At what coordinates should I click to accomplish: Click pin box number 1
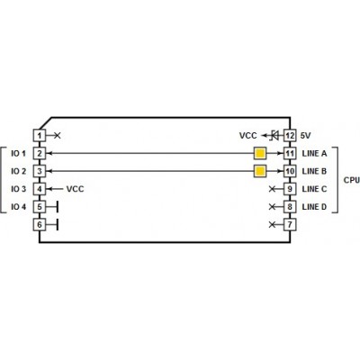point(40,136)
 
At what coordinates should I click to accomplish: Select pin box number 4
point(40,189)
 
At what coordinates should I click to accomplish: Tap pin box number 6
point(40,224)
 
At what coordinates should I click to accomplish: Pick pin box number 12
point(290,136)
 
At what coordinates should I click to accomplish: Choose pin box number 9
point(290,189)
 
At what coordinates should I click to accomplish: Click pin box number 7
point(290,224)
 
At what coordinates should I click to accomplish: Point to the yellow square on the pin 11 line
point(260,154)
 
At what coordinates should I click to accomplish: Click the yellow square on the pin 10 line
point(260,171)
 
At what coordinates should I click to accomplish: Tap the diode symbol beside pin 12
point(274,136)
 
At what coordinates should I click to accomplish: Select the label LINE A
point(314,154)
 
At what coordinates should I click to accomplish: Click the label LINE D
point(314,207)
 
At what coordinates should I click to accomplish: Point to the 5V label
point(305,136)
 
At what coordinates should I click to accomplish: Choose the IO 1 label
point(19,154)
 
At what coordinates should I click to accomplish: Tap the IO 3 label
point(19,189)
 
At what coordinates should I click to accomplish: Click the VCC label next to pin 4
point(75,189)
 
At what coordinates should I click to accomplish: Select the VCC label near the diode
point(248,136)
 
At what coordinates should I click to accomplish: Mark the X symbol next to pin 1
point(58,136)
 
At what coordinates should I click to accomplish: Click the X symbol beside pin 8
point(272,207)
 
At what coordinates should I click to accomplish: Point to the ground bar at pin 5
point(57,207)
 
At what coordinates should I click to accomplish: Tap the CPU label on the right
point(352,180)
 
